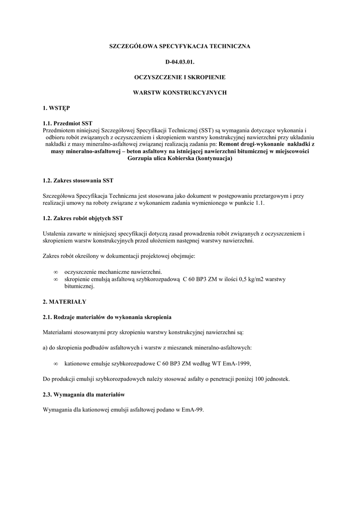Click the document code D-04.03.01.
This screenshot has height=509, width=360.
coord(180,62)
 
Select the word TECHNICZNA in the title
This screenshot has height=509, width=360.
coord(226,46)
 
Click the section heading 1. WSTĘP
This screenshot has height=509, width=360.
coord(57,108)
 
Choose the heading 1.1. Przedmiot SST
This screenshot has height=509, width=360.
coord(68,123)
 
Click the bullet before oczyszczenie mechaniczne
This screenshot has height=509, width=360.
coord(56,272)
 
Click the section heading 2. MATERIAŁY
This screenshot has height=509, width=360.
coord(65,301)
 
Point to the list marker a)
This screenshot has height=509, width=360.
coord(46,347)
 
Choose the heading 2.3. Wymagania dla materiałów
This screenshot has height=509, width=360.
coord(84,394)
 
